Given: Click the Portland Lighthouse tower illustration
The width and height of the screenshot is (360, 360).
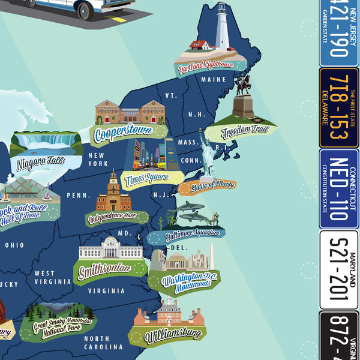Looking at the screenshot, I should pos(223,27).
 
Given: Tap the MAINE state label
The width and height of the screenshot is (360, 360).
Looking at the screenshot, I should pos(214,79).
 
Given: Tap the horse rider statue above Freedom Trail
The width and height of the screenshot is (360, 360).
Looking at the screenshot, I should pos(242,87).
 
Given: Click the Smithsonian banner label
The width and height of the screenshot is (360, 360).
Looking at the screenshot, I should pos(104,269).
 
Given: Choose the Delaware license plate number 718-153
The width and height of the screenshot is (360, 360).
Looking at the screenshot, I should pos(339,107).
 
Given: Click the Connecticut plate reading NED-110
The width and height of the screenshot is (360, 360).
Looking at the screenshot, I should pos(339,188).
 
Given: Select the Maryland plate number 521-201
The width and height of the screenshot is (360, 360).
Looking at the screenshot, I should pos(339,269).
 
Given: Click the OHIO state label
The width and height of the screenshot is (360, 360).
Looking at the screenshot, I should pos(14,245).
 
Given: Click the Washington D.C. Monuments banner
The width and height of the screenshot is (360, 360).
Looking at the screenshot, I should pos(185,281).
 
